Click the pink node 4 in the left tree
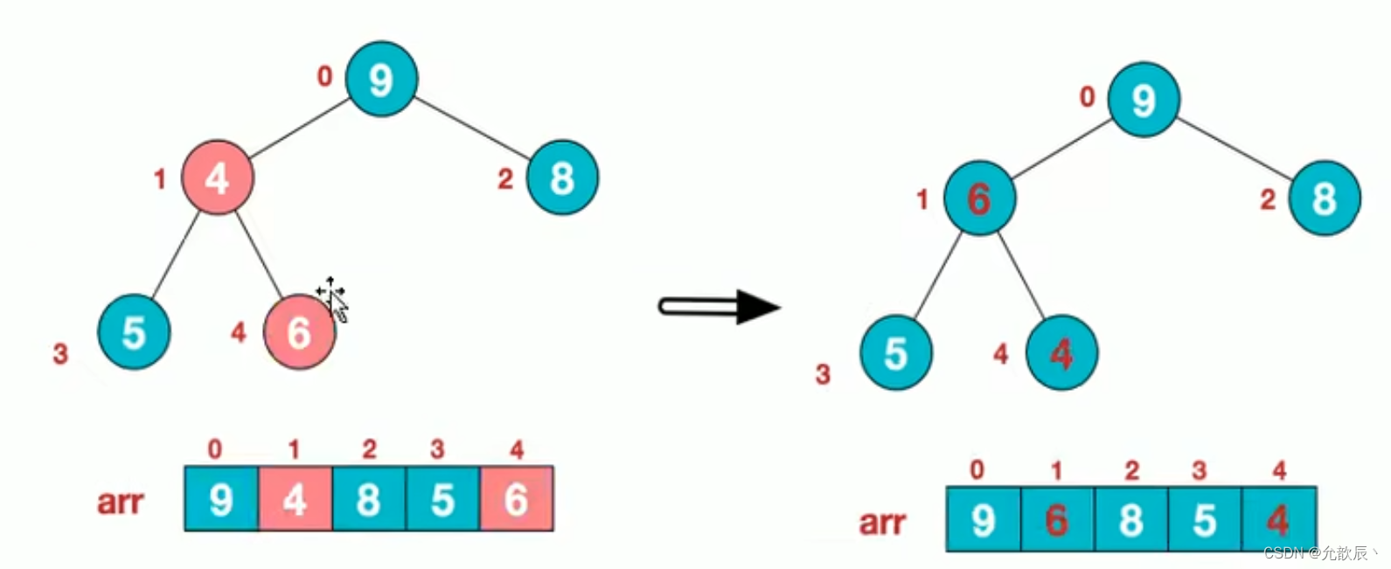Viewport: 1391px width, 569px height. click(x=217, y=177)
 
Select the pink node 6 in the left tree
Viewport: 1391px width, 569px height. click(x=299, y=332)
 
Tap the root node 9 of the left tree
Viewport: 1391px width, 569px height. click(x=381, y=79)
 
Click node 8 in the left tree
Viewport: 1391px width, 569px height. click(x=562, y=177)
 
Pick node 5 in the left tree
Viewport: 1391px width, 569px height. click(x=134, y=332)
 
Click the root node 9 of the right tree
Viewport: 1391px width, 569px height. click(x=1144, y=100)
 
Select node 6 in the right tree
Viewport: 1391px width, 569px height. click(x=979, y=198)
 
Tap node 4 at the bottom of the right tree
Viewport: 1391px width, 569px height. click(x=1061, y=353)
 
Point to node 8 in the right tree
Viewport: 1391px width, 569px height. click(x=1325, y=198)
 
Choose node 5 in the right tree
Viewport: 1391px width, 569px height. click(x=896, y=353)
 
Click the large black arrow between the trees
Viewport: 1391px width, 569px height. click(x=719, y=307)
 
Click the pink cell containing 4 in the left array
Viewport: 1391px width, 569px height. click(x=295, y=499)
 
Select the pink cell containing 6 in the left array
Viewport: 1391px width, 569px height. click(x=516, y=499)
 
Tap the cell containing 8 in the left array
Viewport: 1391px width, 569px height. click(x=368, y=499)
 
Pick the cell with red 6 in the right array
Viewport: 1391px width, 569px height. click(x=1057, y=520)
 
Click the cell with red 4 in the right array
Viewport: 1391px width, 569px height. click(x=1278, y=520)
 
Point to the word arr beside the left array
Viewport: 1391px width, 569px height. click(x=120, y=502)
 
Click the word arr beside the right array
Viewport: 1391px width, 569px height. click(x=882, y=523)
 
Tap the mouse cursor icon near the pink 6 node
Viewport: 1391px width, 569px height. click(x=333, y=298)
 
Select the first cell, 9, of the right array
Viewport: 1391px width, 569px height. click(x=984, y=520)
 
